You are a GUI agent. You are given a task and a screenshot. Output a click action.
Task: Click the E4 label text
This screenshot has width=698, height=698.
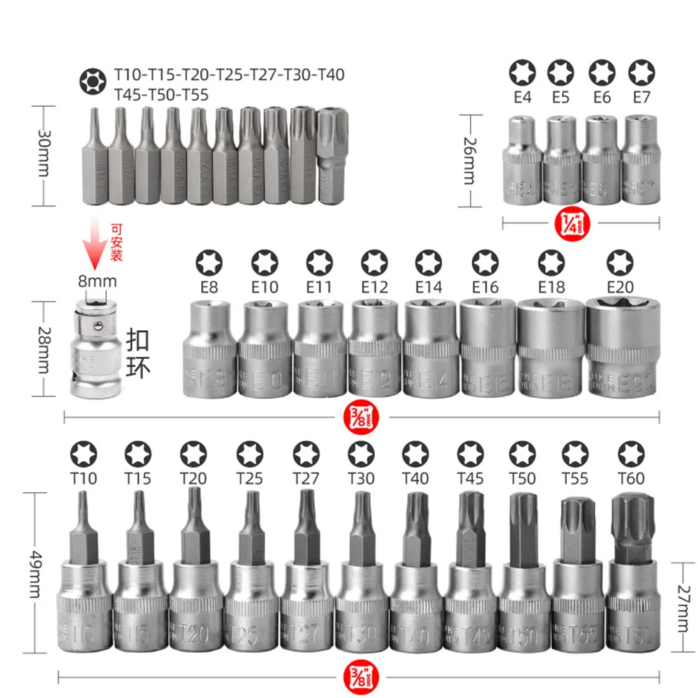click(x=522, y=97)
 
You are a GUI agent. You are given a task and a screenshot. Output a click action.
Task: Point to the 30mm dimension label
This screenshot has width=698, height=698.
click(x=43, y=156)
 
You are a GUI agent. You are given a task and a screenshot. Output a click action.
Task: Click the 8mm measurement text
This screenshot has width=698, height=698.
click(x=97, y=281)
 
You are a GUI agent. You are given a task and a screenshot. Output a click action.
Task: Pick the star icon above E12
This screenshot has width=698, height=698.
click(x=373, y=263)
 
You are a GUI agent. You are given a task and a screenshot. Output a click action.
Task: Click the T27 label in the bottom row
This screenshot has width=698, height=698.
click(x=306, y=478)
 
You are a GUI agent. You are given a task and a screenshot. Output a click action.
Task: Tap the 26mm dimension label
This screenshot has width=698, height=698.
click(x=469, y=160)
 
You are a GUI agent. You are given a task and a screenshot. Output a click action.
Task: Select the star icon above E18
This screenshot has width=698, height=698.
click(x=551, y=263)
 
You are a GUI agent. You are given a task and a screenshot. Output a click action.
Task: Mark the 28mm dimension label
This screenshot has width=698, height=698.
click(x=43, y=348)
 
